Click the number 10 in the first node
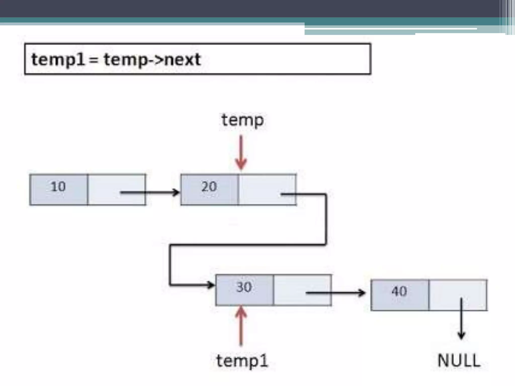click(58, 186)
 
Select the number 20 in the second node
click(209, 186)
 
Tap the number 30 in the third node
click(244, 287)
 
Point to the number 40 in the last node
click(399, 291)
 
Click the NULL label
click(459, 361)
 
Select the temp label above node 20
click(243, 120)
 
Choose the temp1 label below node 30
click(242, 361)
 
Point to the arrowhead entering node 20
click(176, 193)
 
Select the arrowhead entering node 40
click(362, 293)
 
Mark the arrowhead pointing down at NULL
click(461, 335)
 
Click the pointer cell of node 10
click(116, 190)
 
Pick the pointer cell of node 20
click(267, 190)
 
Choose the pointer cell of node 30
click(302, 290)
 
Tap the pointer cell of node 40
click(458, 295)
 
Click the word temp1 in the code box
click(58, 60)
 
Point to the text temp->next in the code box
click(152, 60)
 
